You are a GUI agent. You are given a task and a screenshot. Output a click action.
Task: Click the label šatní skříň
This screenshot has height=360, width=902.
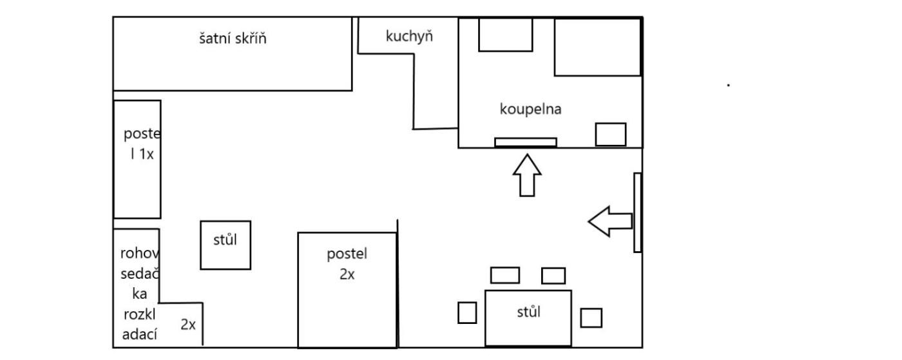233,38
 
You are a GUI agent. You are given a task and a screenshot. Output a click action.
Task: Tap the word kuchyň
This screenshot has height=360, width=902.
409,36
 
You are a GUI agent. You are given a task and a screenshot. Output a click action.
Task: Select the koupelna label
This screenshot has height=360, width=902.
531,109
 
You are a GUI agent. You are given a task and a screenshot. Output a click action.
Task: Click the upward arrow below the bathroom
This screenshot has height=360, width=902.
526,175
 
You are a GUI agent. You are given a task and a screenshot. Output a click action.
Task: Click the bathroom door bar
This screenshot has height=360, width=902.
525,142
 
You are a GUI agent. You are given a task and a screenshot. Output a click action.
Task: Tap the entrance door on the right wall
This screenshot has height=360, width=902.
637,213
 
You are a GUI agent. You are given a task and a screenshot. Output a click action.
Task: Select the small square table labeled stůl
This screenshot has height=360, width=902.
225,245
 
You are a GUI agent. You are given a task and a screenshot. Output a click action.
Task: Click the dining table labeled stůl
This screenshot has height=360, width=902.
528,317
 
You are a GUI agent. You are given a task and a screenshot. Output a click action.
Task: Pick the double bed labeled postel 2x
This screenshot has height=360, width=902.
347,289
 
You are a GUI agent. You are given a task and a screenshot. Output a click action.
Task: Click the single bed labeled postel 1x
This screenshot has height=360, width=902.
137,159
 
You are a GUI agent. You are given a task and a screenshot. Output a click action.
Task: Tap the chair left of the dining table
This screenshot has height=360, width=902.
467,312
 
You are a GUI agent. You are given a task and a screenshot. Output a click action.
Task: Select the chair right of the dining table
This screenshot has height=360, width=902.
591,317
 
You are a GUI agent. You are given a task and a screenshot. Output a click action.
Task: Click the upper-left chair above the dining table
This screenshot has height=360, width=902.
504,275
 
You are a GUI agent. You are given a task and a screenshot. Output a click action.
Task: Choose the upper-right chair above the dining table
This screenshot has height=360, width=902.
553,276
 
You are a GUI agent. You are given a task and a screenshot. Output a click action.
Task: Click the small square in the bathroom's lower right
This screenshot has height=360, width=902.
610,134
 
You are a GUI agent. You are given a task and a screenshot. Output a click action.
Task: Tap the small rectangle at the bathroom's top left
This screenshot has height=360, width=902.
505,35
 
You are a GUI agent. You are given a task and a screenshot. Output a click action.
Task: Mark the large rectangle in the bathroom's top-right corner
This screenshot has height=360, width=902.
597,47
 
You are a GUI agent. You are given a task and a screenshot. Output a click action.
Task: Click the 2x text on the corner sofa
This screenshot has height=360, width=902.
187,325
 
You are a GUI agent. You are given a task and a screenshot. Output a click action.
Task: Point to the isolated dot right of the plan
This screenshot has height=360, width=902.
728,84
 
